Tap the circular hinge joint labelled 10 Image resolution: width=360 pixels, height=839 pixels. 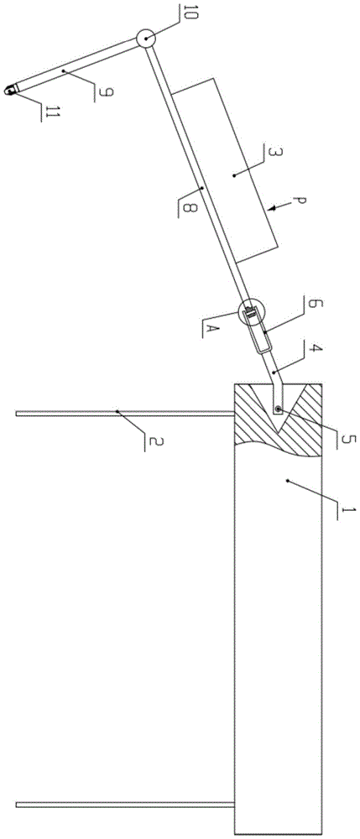coord(145,39)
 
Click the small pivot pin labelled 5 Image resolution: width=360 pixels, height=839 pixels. coord(279,409)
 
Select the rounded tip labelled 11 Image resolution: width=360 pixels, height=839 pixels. coord(10,91)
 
